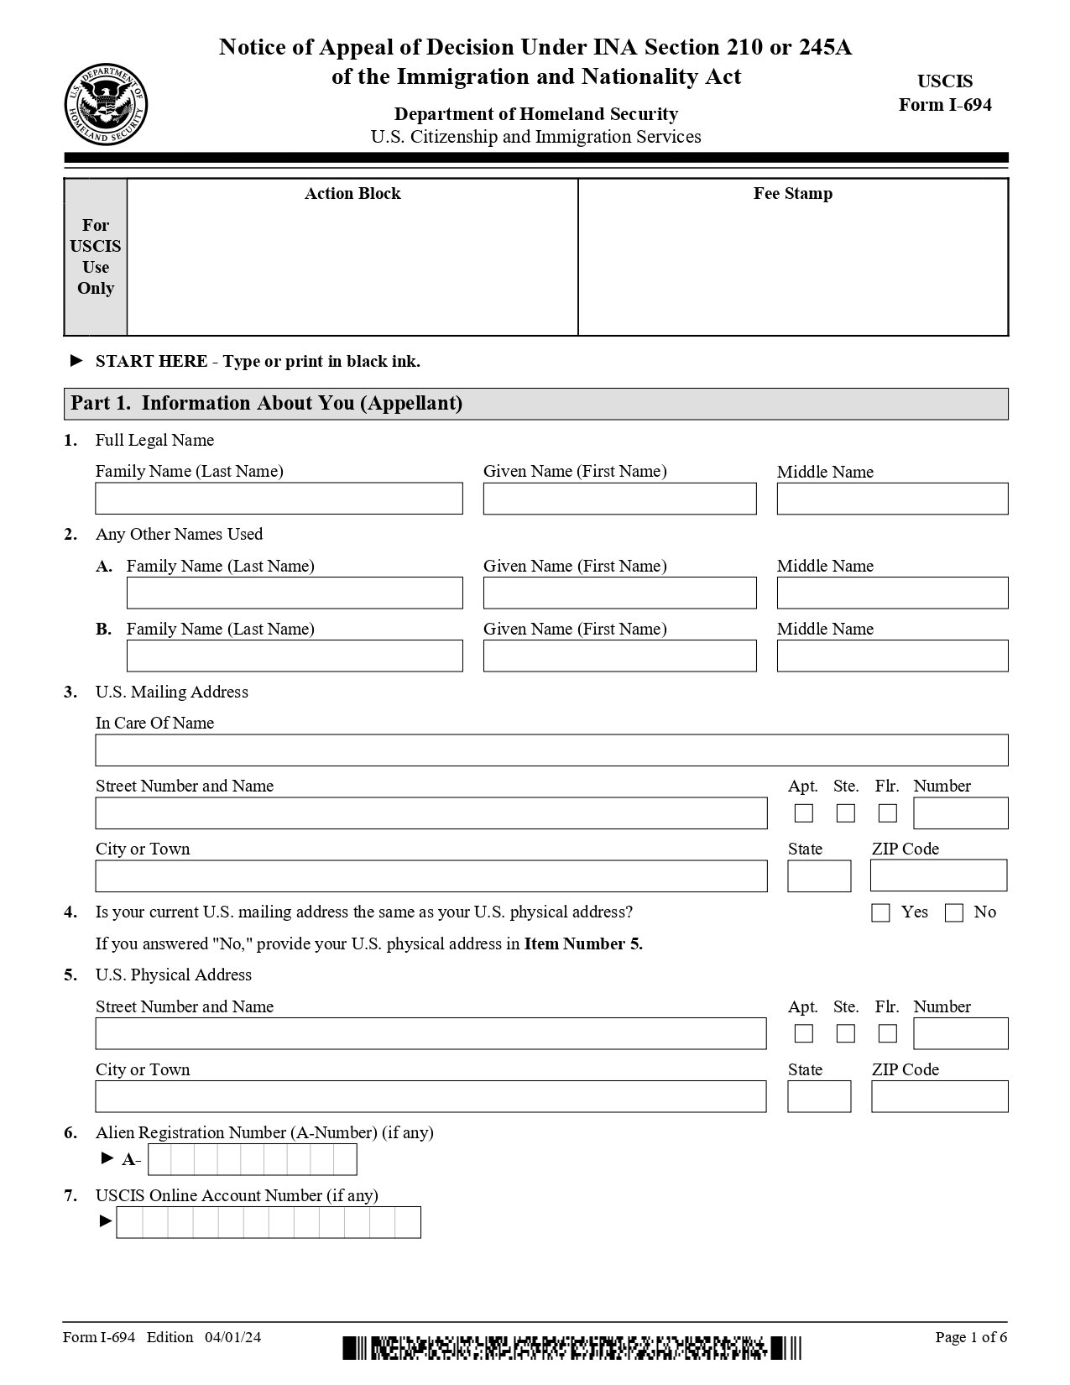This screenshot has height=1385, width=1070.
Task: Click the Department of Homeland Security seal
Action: click(107, 105)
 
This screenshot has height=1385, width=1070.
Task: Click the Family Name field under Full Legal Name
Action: click(279, 499)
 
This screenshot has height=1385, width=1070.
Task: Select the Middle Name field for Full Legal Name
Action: click(892, 499)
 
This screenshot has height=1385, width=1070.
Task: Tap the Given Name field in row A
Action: click(619, 593)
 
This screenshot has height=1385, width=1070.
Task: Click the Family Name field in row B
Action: click(295, 656)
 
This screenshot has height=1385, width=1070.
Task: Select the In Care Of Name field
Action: click(551, 750)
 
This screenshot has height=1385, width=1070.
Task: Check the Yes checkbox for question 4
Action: click(880, 912)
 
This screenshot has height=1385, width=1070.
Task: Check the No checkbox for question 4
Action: click(954, 912)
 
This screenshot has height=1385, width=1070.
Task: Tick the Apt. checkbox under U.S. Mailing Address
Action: click(804, 813)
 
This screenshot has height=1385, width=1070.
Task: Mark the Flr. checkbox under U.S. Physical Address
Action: click(888, 1033)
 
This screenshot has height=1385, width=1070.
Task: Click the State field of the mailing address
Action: click(819, 876)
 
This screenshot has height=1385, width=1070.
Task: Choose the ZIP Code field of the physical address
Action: click(939, 1096)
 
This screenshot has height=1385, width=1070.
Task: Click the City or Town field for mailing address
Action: click(431, 876)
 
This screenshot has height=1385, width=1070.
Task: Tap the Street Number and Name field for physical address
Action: click(431, 1033)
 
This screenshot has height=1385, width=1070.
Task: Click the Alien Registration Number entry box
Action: click(252, 1159)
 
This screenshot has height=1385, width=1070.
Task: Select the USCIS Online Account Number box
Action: click(269, 1222)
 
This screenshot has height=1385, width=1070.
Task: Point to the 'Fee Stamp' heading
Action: click(793, 194)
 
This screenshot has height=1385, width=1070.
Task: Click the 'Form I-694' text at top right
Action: click(945, 105)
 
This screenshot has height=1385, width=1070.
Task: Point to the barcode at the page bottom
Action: click(572, 1348)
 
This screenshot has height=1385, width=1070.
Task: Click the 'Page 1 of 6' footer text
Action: click(971, 1337)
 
